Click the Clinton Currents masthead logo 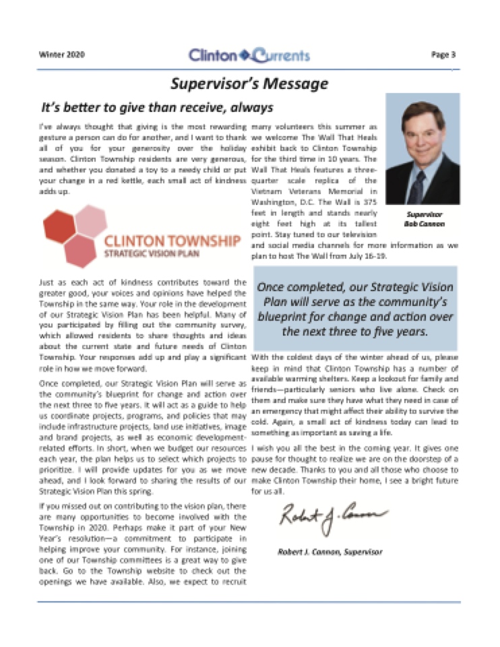click(249, 55)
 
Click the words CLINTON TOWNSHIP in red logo click(173, 241)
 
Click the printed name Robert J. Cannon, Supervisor click(330, 552)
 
